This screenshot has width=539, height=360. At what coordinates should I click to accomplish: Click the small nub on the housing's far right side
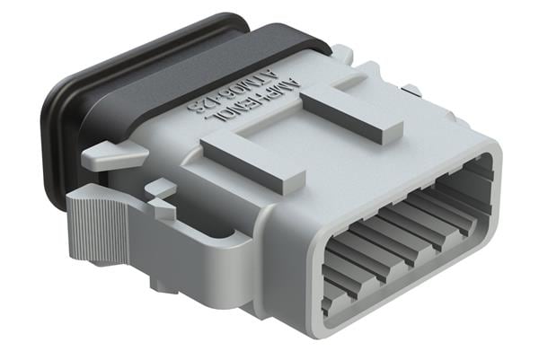[x=412, y=90]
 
